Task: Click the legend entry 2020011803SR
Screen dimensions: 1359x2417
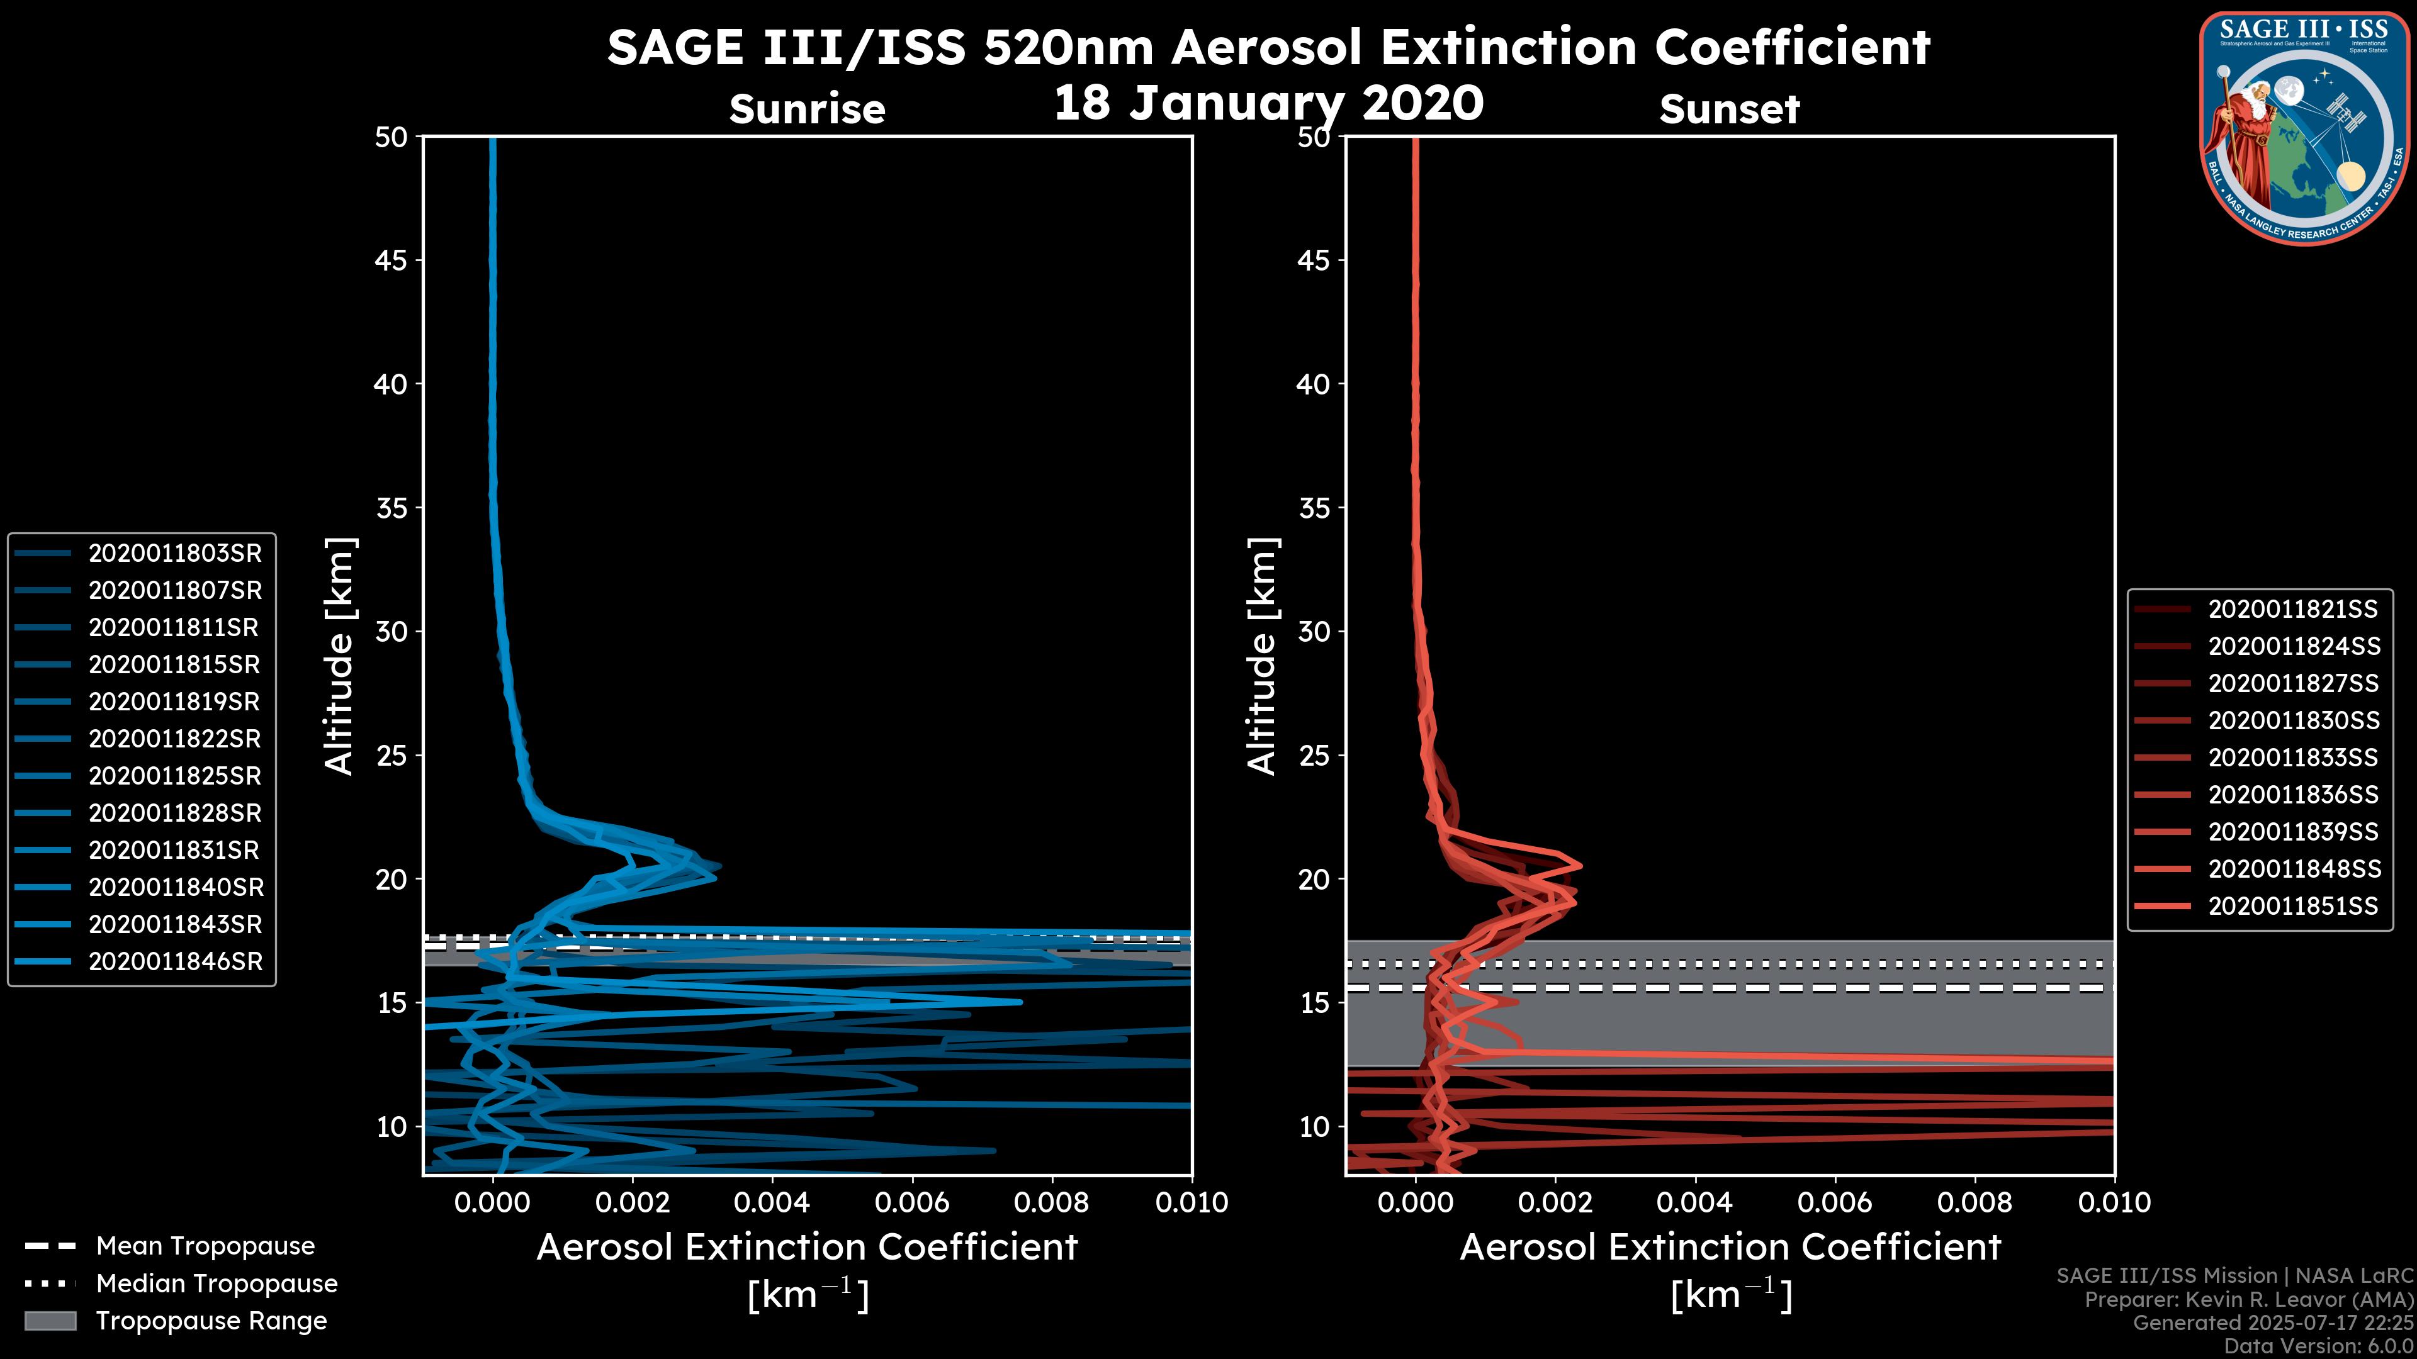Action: [x=174, y=554]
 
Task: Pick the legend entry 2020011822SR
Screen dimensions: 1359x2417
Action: [x=174, y=739]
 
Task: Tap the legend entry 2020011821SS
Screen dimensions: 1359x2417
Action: [x=2293, y=610]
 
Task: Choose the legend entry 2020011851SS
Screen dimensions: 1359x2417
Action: [x=2293, y=906]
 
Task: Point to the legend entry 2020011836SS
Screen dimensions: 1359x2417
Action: [x=2293, y=795]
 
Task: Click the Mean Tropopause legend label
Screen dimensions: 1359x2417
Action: [x=205, y=1246]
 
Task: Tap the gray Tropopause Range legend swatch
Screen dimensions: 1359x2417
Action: [x=50, y=1321]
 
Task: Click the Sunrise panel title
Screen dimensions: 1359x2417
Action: [x=807, y=109]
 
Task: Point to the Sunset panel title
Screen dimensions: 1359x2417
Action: [x=1729, y=109]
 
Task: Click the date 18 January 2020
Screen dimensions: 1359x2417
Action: [x=1268, y=103]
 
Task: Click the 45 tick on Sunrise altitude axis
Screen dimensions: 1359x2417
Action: [x=390, y=260]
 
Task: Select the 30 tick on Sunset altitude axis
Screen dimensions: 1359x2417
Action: [x=1314, y=631]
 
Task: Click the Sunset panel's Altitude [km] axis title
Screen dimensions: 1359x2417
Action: [x=1263, y=656]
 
